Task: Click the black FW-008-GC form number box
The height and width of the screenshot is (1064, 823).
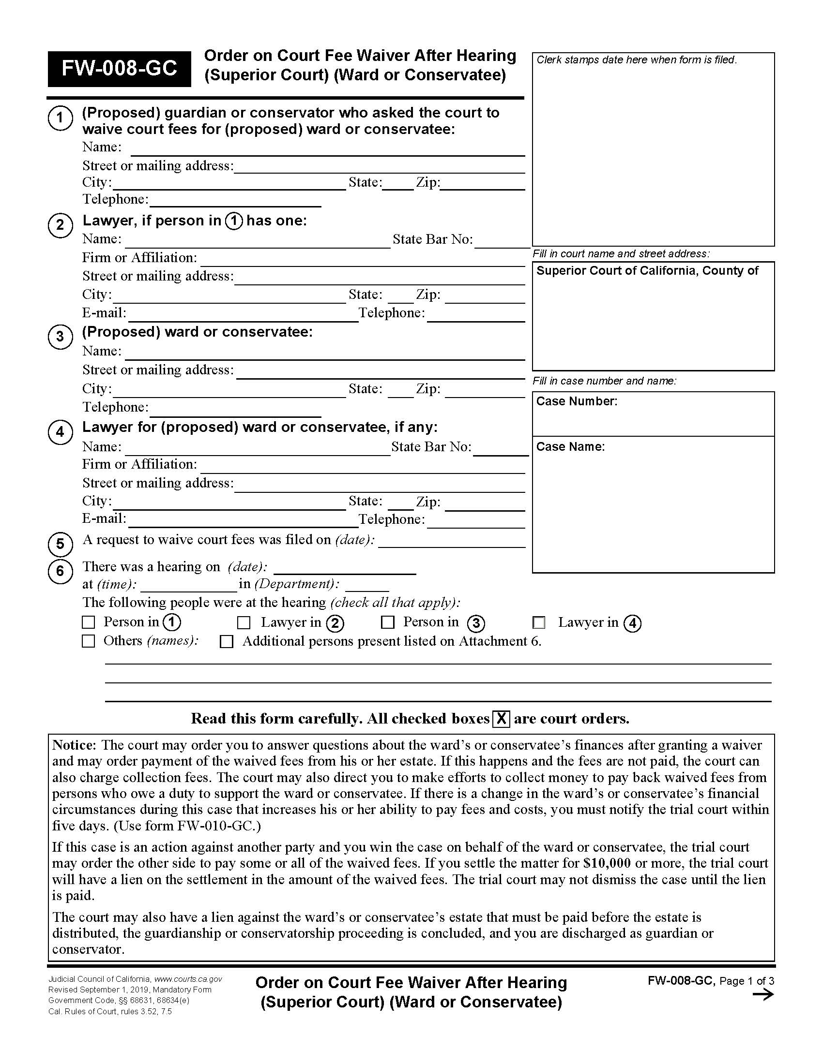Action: pyautogui.click(x=119, y=69)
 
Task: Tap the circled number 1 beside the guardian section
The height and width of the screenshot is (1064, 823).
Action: pyautogui.click(x=60, y=118)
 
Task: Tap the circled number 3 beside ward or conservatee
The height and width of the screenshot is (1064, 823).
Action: pyautogui.click(x=60, y=337)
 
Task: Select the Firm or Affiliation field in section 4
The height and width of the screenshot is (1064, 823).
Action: pyautogui.click(x=362, y=467)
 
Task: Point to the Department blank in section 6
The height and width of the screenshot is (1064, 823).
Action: pyautogui.click(x=366, y=586)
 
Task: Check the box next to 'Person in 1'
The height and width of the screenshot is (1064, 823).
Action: pyautogui.click(x=88, y=622)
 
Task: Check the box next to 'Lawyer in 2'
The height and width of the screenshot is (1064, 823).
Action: pyautogui.click(x=244, y=622)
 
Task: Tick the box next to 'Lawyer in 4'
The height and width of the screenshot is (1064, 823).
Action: pyautogui.click(x=539, y=622)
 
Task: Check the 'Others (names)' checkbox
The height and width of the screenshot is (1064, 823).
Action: pyautogui.click(x=88, y=641)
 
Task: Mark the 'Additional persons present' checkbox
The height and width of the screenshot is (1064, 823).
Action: pyautogui.click(x=226, y=642)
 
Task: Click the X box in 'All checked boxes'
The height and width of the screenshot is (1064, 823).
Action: pyautogui.click(x=501, y=719)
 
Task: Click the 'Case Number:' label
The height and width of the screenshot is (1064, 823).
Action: pyautogui.click(x=576, y=401)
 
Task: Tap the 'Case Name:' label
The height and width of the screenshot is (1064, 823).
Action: pyautogui.click(x=570, y=447)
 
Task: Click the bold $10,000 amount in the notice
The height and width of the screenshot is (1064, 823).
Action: pyautogui.click(x=607, y=863)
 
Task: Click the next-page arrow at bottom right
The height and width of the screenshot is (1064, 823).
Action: pyautogui.click(x=763, y=994)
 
